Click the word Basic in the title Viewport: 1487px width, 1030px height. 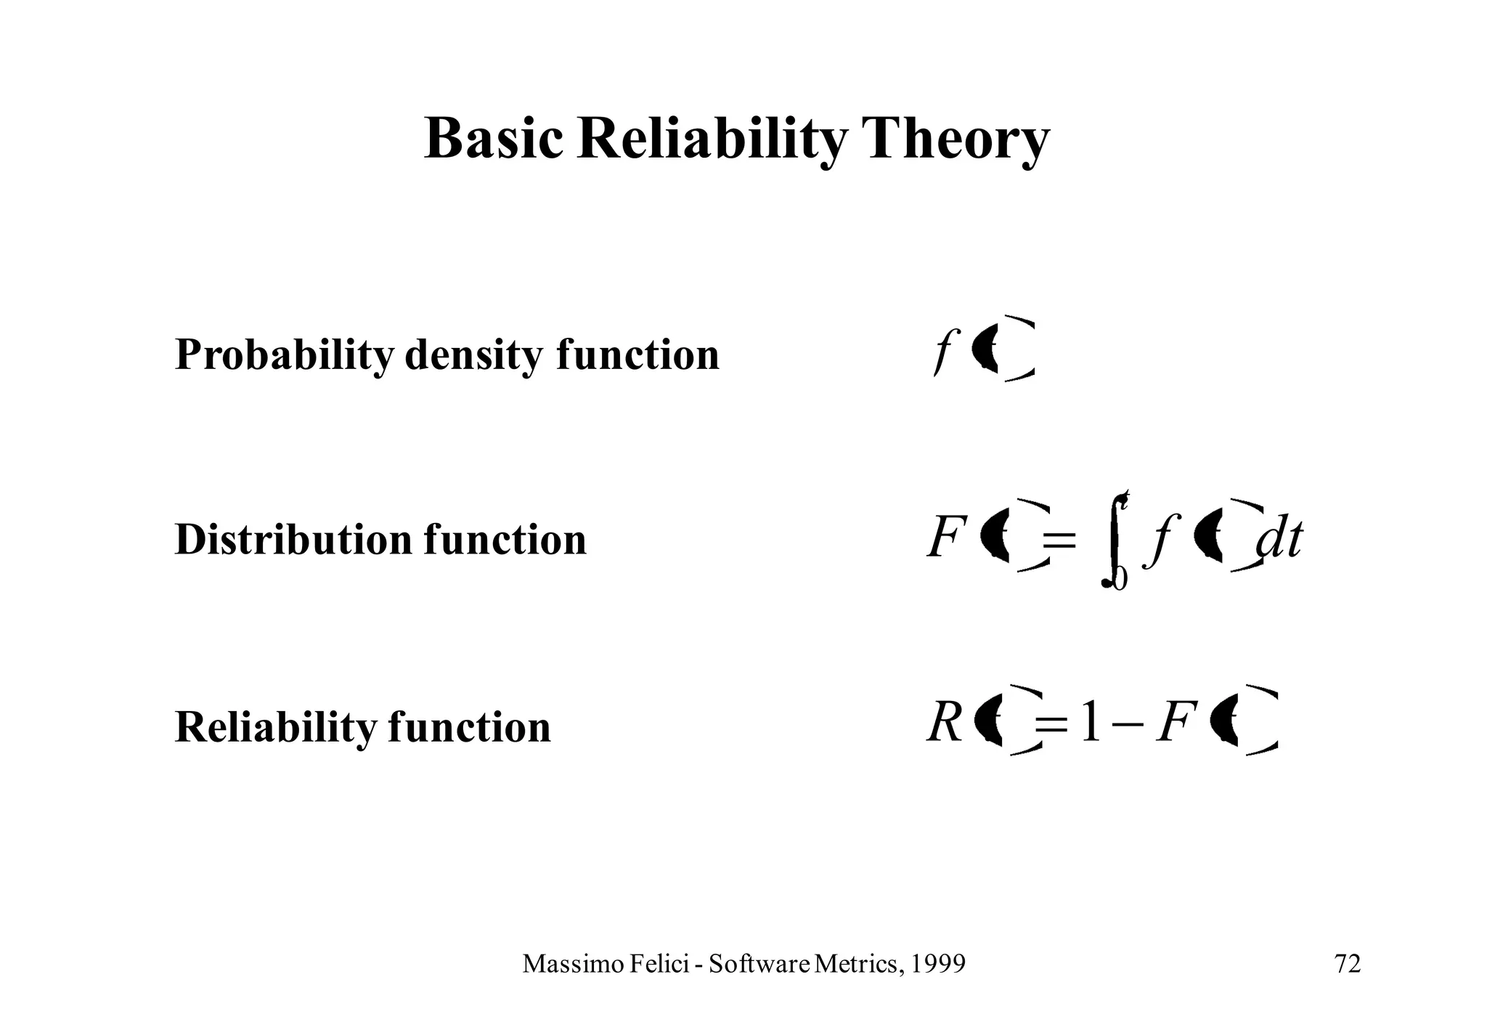point(493,139)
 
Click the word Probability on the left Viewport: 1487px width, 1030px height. point(286,355)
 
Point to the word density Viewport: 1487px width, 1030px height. point(473,355)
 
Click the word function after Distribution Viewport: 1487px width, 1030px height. point(505,540)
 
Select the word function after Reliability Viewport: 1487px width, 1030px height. point(470,726)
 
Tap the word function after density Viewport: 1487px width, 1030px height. point(638,355)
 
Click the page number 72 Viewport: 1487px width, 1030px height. point(1348,964)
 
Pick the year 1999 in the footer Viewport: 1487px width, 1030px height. point(938,964)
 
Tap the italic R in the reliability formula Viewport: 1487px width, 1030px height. point(945,724)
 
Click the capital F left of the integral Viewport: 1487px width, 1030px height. point(946,540)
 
